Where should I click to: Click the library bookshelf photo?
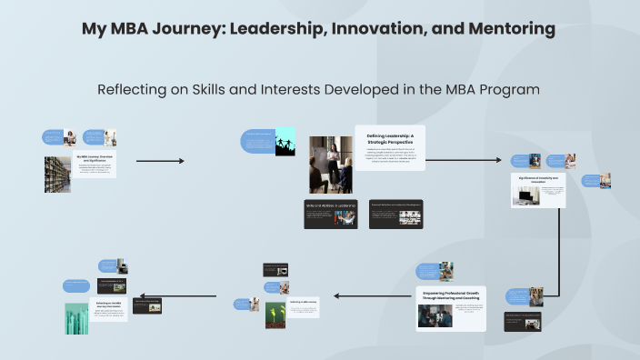tap(57, 174)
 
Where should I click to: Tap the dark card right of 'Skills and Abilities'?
tap(396, 214)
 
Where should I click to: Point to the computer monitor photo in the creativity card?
tap(525, 195)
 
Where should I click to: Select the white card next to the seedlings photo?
tap(305, 307)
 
